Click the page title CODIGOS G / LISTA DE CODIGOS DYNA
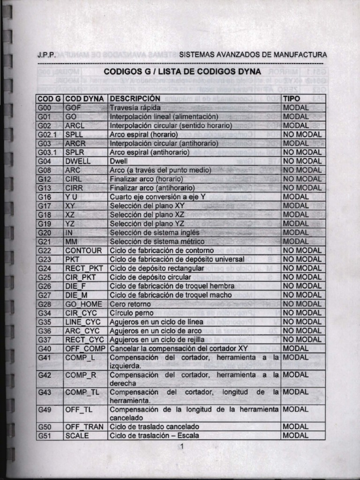182,72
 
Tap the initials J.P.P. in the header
47,54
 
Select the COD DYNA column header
86,98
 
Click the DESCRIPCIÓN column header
135,98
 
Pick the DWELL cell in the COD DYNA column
78,161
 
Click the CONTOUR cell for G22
83,250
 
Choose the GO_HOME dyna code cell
84,304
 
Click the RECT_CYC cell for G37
85,339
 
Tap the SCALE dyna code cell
77,435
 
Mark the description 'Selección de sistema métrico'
157,241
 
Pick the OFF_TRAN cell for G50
85,427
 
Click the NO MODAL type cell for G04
302,161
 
